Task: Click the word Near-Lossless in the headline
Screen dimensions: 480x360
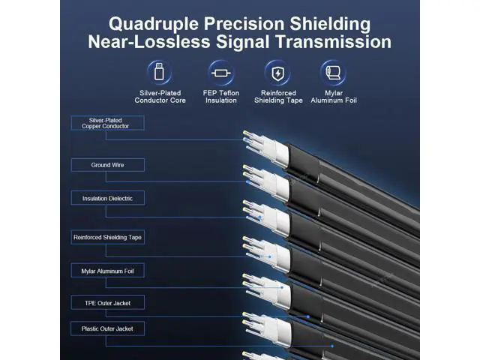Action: tap(149, 42)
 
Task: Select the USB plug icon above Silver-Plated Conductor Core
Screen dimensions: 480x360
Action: tap(159, 72)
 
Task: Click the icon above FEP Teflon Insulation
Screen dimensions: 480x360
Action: tap(221, 73)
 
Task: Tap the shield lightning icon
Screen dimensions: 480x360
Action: tap(277, 73)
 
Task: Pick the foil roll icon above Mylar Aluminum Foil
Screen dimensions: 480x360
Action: tap(333, 73)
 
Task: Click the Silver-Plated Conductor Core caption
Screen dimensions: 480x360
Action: tap(160, 97)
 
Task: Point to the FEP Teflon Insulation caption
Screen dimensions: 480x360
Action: tap(221, 97)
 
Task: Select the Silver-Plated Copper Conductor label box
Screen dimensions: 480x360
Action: tap(108, 123)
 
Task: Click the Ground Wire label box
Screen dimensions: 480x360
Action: tap(108, 165)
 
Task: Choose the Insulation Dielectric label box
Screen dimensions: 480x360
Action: tap(108, 198)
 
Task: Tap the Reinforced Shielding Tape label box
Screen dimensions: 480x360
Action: tap(108, 237)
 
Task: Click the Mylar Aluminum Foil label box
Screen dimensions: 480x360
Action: tap(108, 271)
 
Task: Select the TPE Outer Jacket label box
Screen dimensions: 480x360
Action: tap(108, 303)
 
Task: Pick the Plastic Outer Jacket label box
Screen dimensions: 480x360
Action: tap(108, 328)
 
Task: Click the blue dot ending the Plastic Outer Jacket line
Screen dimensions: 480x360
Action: tap(332, 346)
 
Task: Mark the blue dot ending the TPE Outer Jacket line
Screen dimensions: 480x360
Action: tap(308, 316)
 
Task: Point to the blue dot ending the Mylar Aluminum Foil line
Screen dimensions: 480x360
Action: tap(282, 287)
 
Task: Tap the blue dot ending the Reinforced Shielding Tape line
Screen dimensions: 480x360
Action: tap(270, 256)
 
